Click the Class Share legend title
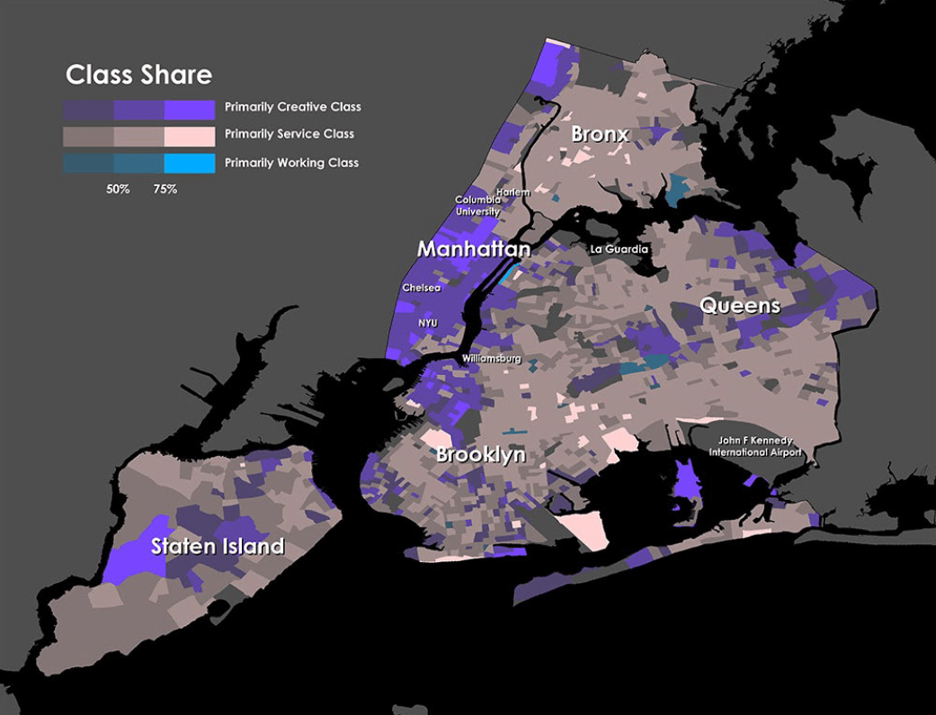(139, 75)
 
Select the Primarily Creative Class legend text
(292, 107)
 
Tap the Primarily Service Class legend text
(289, 134)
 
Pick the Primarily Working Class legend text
(291, 163)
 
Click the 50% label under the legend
(118, 190)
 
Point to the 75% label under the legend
(165, 190)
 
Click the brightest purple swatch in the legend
(190, 110)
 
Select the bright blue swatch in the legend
(190, 164)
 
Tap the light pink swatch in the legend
(190, 136)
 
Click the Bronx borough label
(600, 135)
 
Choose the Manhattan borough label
(473, 249)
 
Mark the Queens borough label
(740, 306)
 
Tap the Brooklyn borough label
(480, 455)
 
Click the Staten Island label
(218, 546)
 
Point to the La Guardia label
(619, 249)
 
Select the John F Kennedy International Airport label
(753, 446)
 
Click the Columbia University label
(477, 206)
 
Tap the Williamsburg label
(492, 359)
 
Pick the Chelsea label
(422, 288)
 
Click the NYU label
(428, 323)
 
